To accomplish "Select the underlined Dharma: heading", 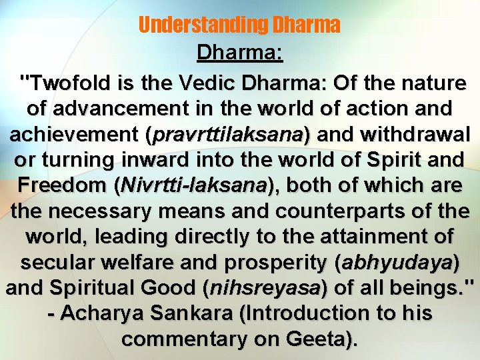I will [x=240, y=54].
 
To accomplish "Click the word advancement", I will [x=124, y=109].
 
